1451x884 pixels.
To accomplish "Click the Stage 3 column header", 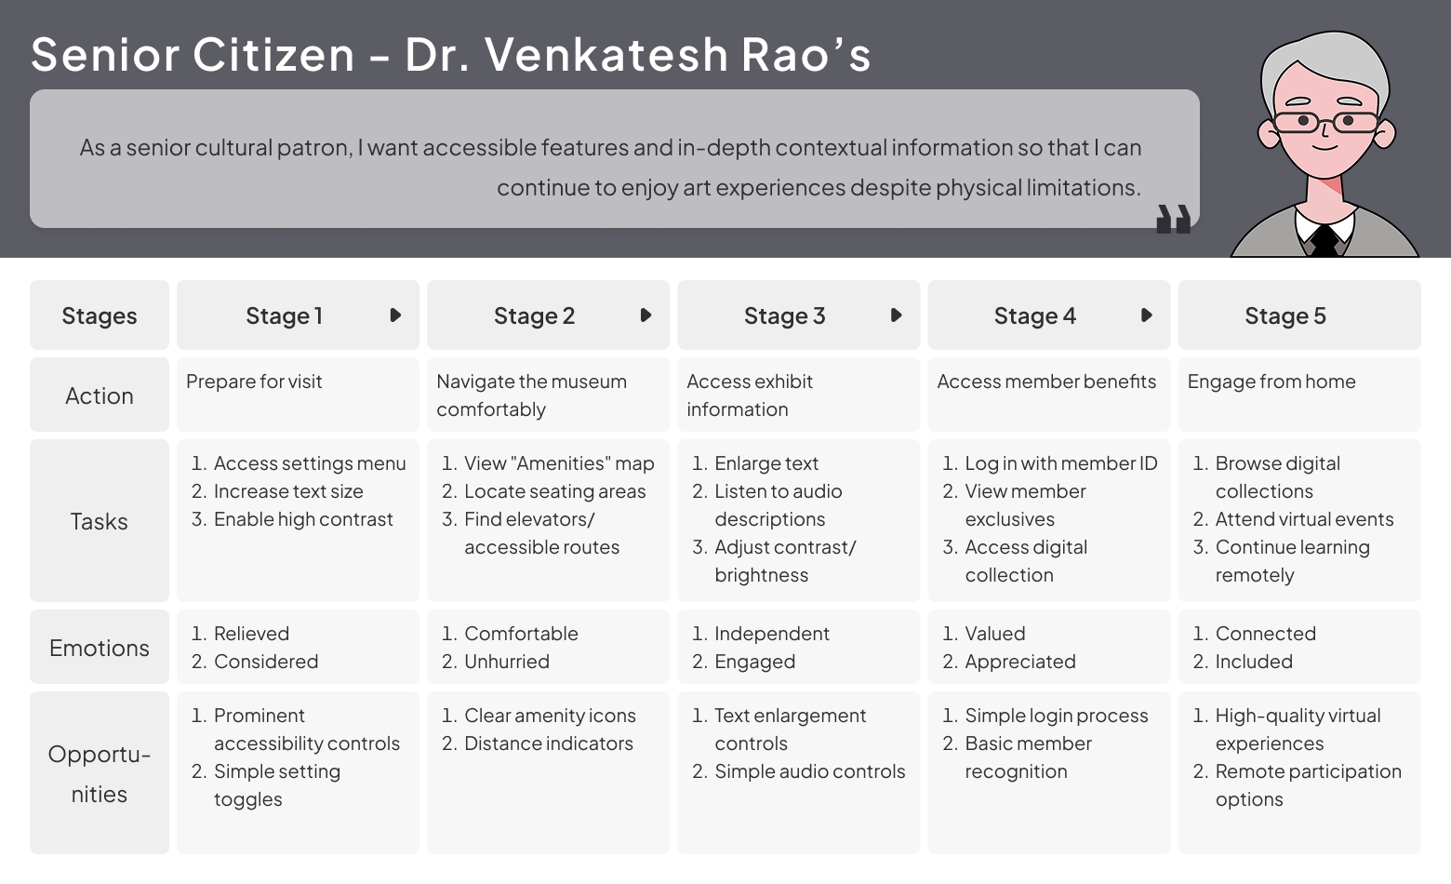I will [784, 316].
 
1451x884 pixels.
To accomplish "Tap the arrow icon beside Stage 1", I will [395, 315].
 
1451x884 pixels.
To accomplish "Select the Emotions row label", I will [99, 648].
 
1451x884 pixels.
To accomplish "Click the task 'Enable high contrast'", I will [303, 519].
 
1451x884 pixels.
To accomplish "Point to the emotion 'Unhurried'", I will [506, 662].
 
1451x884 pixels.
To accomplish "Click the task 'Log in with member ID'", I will [1060, 463].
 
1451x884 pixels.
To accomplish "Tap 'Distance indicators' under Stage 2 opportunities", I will [548, 743].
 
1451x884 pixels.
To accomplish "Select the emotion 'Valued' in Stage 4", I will [994, 634].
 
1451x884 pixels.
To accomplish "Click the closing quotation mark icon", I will [1173, 220].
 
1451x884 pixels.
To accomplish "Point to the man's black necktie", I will [1324, 242].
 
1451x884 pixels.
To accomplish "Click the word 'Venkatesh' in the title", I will [606, 54].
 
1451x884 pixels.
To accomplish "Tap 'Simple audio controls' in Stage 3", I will [809, 771].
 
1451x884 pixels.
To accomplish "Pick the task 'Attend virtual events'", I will [1304, 519].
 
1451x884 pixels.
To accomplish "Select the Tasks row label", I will [99, 521].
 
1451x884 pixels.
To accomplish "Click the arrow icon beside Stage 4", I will [1146, 315].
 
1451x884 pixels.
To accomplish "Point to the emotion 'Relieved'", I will [251, 634].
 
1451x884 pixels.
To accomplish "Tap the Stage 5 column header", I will [1285, 316].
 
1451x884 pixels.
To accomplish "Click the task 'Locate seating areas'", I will [554, 491].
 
